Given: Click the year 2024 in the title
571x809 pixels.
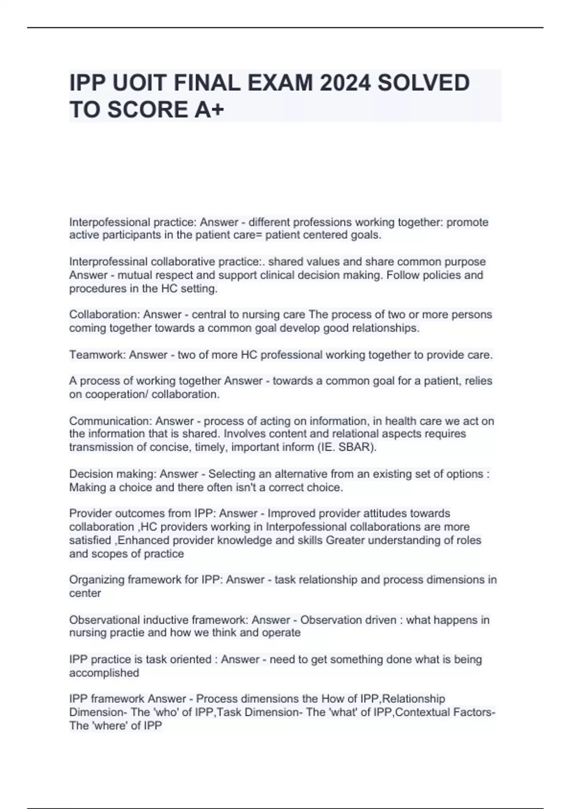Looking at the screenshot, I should click(345, 83).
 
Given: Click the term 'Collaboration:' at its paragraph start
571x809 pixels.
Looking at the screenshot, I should click(104, 315).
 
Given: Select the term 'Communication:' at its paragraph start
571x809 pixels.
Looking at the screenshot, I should click(110, 421).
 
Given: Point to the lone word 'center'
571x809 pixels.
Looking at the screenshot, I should click(85, 593).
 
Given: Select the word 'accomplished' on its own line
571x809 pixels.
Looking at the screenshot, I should click(104, 673).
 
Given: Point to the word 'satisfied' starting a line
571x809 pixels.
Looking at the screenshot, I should click(90, 541).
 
